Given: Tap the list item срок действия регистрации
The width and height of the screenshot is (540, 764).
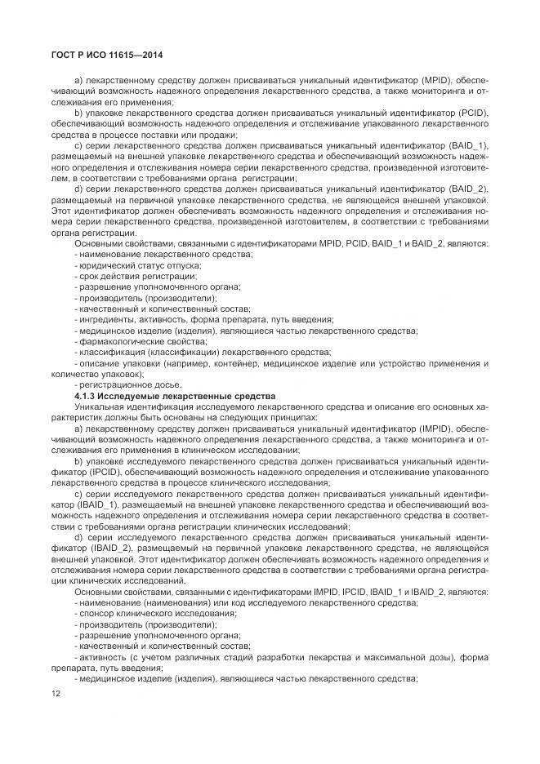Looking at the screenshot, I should pyautogui.click(x=127, y=277).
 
